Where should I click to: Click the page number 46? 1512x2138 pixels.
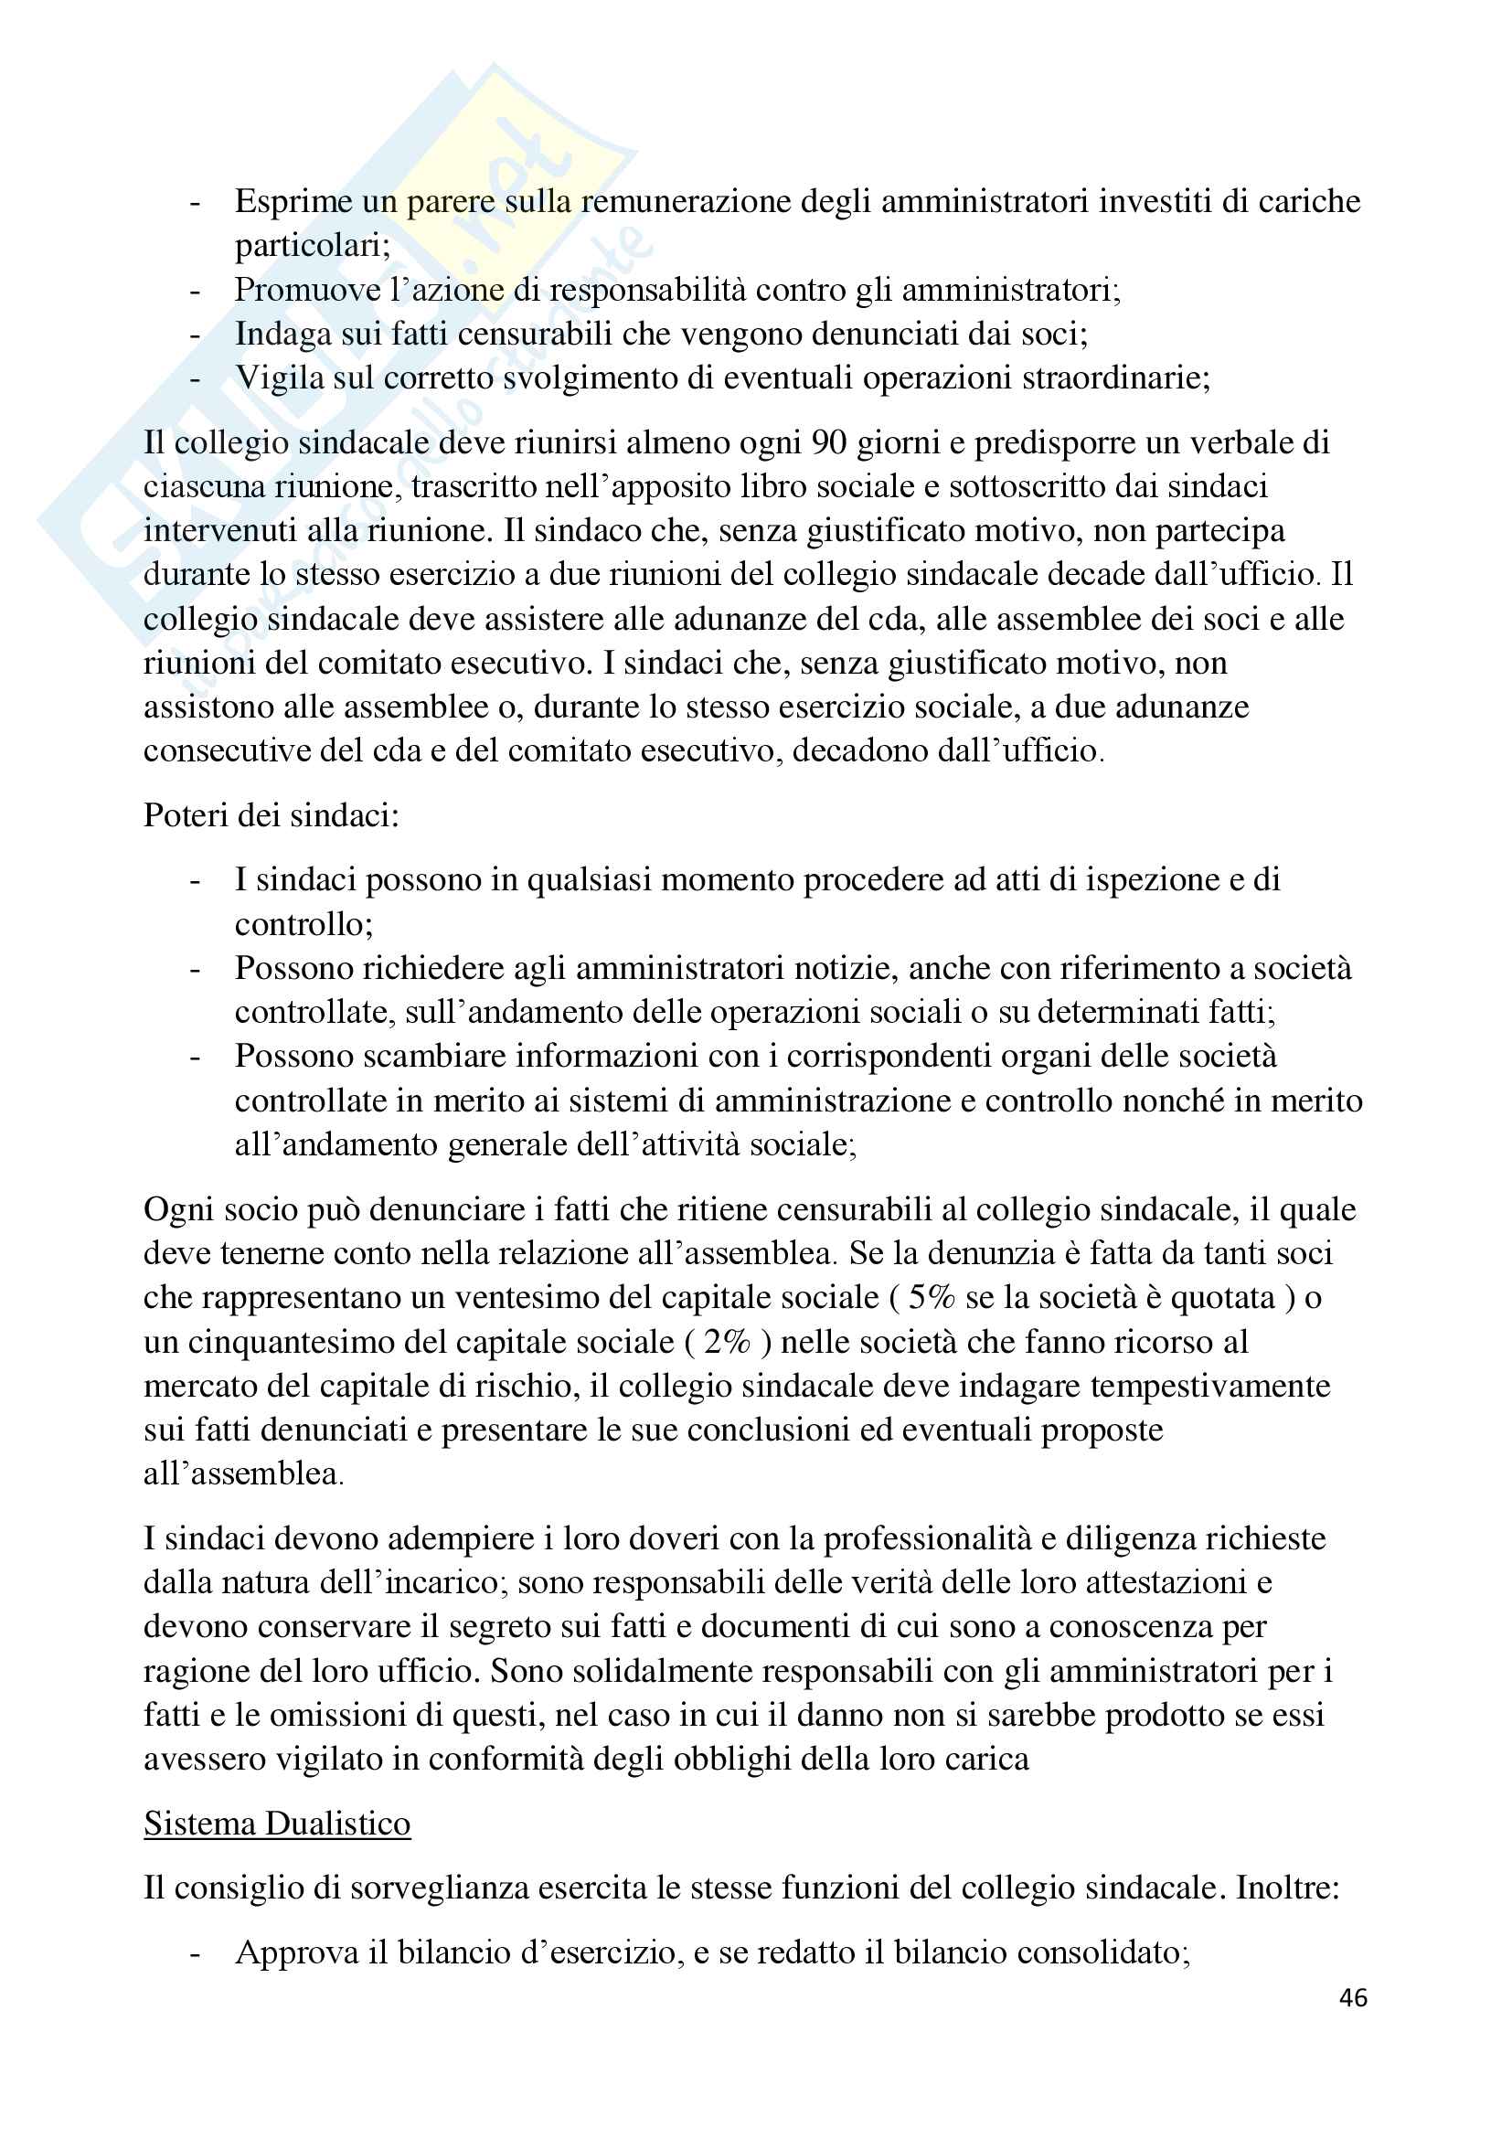coord(1353,1997)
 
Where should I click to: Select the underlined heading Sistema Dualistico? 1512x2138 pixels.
coord(276,1824)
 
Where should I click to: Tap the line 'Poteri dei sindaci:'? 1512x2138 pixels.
coord(271,814)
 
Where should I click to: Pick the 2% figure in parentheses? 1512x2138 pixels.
coord(726,1342)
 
